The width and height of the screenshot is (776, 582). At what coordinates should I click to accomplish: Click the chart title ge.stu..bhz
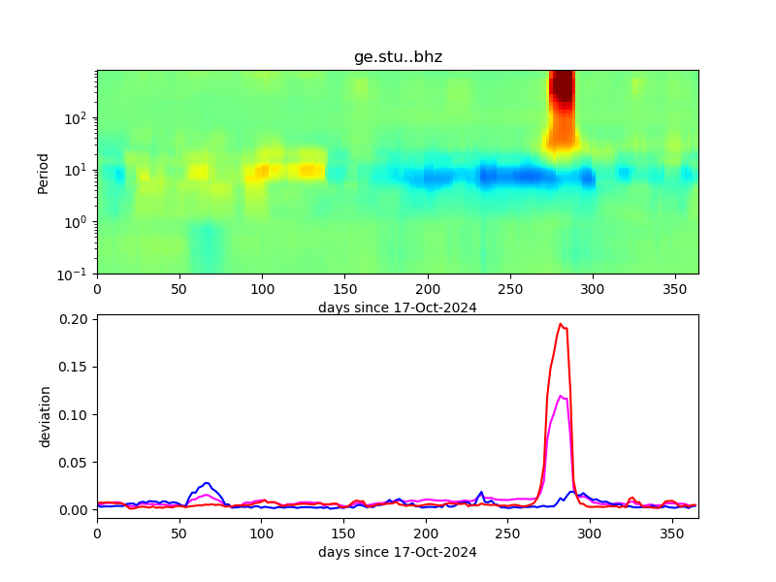click(398, 57)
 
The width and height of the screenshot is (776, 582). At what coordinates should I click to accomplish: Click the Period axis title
click(43, 173)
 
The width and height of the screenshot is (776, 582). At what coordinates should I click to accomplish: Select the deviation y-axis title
click(45, 416)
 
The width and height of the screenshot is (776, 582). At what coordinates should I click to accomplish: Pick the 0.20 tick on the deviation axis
click(74, 319)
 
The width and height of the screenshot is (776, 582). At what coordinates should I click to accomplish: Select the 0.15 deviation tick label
click(74, 367)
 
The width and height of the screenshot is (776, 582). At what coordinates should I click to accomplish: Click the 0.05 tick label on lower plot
click(74, 462)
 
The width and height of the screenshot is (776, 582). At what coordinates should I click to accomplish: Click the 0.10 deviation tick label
click(74, 414)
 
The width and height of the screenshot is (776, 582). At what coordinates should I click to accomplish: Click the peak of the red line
click(561, 324)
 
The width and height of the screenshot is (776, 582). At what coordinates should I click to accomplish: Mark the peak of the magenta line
click(561, 396)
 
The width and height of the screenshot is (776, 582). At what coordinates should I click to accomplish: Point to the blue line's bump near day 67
click(207, 483)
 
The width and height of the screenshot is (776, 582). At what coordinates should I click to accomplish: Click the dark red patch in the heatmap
click(562, 87)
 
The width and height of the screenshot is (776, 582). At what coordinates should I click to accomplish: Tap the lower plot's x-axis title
click(398, 552)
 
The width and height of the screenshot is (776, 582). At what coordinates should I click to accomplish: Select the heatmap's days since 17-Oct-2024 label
click(398, 307)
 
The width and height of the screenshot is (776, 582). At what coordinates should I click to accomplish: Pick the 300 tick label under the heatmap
click(590, 289)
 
